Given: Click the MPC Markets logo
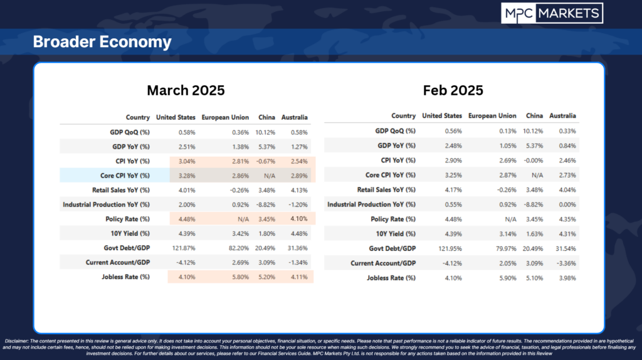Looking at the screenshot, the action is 552,14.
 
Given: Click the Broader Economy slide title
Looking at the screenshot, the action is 102,42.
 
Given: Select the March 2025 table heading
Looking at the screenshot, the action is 186,90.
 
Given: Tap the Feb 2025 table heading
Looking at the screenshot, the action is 453,90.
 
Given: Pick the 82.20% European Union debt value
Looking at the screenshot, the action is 239,248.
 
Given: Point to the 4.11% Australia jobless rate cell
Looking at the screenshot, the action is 299,277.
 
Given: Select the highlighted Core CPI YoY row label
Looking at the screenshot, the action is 125,176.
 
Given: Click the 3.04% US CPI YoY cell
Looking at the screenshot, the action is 187,161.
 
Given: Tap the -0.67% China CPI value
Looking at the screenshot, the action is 266,161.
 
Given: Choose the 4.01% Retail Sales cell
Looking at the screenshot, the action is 187,190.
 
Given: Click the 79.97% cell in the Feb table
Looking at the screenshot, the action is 506,248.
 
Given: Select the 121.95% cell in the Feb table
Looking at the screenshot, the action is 450,248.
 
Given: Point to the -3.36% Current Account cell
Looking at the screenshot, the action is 566,263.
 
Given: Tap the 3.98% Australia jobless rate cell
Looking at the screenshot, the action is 567,278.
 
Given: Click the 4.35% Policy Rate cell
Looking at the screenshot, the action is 567,219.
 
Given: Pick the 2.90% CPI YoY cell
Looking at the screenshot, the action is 453,161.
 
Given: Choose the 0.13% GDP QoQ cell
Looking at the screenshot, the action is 508,131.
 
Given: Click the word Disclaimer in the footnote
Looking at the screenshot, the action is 16,341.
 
